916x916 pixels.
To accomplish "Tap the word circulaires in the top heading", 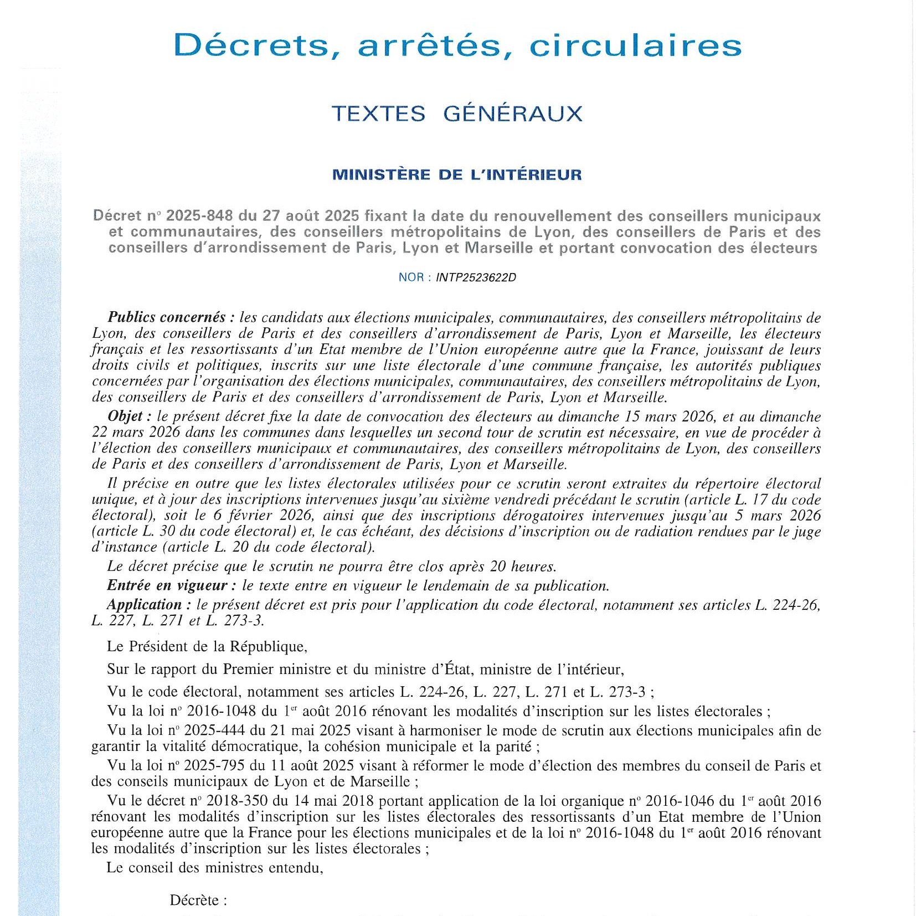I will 635,45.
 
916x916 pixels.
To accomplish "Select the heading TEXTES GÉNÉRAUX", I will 457,114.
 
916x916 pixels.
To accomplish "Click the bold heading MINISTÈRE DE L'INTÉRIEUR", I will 457,175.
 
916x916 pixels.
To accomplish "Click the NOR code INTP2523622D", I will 476,277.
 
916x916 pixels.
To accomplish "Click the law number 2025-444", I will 215,730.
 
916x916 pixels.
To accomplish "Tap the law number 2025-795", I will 215,766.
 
